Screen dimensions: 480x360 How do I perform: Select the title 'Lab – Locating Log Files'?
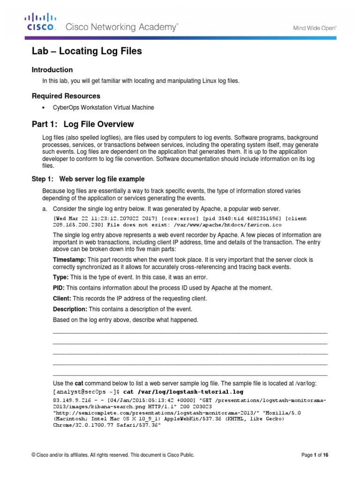86,51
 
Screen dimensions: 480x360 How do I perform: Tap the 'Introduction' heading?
52,70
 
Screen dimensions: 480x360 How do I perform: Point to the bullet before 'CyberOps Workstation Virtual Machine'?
44,107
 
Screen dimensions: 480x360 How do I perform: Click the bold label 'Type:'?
60,277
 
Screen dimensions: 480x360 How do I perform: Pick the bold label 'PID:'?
60,288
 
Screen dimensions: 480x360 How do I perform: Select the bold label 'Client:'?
62,299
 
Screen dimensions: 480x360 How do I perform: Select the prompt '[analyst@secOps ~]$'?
87,391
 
